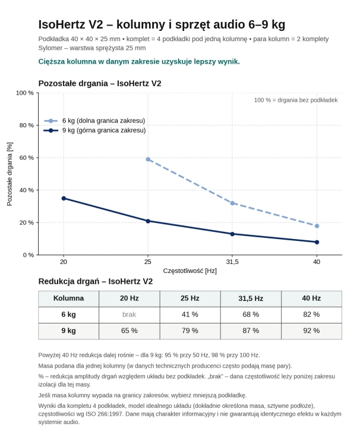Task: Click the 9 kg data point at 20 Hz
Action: tap(64, 198)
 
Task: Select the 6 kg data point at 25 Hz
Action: tap(148, 159)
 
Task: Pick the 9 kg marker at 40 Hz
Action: tap(317, 242)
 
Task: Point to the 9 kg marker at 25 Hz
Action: tap(148, 221)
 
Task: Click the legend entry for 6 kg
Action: tap(94, 121)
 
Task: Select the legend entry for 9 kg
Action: tap(94, 130)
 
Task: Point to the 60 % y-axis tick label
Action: tap(26, 158)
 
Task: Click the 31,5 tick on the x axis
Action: tap(232, 262)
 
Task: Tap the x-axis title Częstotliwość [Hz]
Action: tap(190, 271)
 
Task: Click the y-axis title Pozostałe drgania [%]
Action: tap(10, 174)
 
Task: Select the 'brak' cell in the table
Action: tap(130, 315)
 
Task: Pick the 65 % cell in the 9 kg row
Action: tap(130, 331)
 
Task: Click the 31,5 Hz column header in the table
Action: tap(251, 299)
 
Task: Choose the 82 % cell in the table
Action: tap(311, 315)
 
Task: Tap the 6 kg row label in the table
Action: tap(68, 315)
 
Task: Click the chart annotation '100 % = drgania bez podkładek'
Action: tap(296, 100)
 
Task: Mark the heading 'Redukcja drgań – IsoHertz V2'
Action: tap(96, 281)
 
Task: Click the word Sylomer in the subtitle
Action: tap(50, 48)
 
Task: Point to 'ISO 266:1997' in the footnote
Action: tap(106, 414)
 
